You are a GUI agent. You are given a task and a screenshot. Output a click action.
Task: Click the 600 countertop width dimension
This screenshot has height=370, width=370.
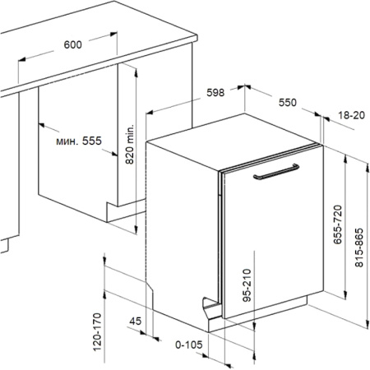point(72,45)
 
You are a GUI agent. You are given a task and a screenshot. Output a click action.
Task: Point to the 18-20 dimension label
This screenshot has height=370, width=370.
point(350,118)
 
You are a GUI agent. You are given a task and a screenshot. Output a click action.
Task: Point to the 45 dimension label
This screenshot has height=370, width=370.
point(135,321)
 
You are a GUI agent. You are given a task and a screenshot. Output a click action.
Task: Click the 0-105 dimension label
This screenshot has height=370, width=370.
point(189,346)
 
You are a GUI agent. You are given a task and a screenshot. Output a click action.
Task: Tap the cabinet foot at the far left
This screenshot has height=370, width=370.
point(5,243)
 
